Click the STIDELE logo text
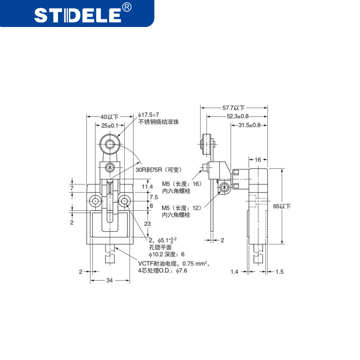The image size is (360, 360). tap(78, 15)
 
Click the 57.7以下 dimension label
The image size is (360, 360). tap(234, 108)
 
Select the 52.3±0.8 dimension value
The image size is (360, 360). tap(238, 116)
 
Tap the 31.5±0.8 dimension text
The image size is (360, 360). tap(249, 125)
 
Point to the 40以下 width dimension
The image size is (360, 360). tap(109, 117)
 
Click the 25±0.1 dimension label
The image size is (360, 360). tap(110, 126)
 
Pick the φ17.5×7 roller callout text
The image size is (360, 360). tap(148, 115)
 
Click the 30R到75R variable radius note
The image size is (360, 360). tap(159, 170)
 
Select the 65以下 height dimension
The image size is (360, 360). tap(282, 206)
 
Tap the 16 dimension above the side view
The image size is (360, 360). tap(258, 160)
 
